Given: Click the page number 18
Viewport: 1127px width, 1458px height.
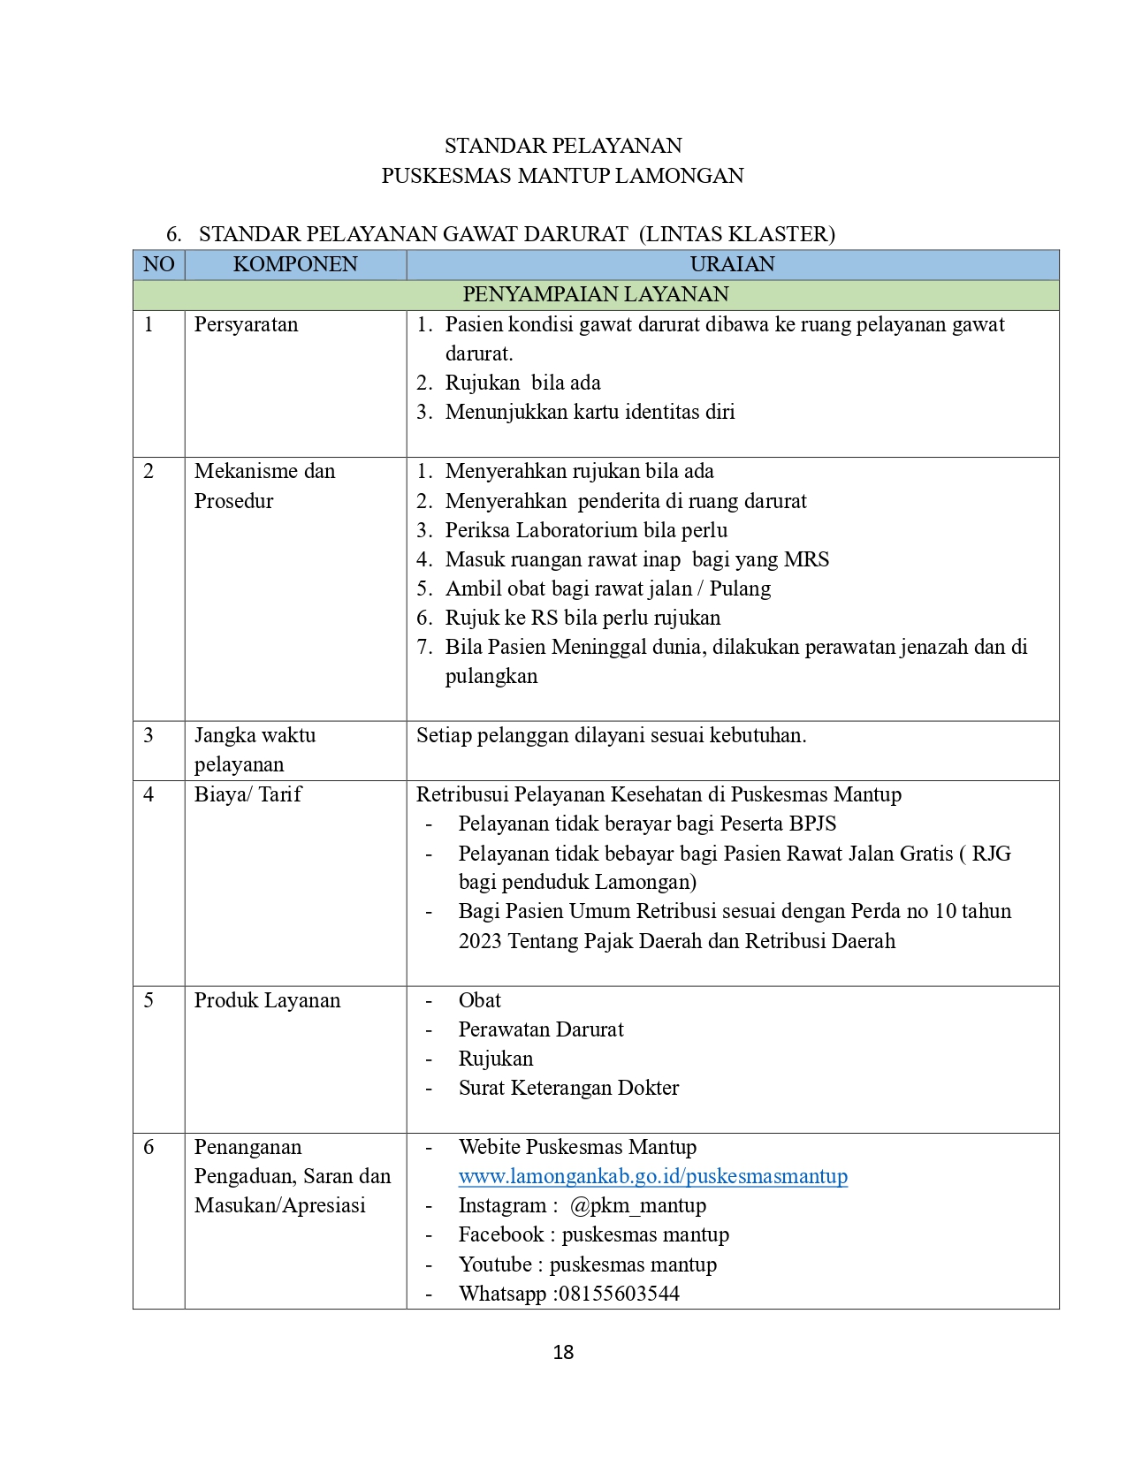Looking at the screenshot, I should tap(563, 1352).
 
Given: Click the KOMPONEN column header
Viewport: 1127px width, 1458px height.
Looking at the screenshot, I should tap(295, 264).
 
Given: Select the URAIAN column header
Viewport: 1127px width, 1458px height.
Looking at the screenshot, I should tap(732, 264).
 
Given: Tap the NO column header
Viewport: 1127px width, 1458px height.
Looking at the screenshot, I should tap(159, 264).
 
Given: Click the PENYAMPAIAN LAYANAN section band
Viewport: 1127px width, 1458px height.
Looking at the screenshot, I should tap(596, 294).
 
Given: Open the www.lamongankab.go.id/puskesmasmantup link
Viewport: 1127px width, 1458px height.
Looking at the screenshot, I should tap(652, 1176).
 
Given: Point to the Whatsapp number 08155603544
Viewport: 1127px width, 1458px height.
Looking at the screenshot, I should tap(619, 1294).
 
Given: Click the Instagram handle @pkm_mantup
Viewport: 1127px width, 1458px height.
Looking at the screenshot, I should tap(637, 1205).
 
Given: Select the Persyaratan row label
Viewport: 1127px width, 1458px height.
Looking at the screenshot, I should tap(246, 324).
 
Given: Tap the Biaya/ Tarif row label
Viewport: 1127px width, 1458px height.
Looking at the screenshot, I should tap(247, 794).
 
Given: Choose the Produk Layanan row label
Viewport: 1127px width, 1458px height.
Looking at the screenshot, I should tap(267, 1000).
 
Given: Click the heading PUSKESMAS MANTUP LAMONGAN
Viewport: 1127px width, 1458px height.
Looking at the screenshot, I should tap(562, 176).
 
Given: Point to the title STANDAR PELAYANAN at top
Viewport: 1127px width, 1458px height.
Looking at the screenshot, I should tap(563, 146).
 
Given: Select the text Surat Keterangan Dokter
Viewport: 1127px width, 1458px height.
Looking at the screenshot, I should tap(568, 1088).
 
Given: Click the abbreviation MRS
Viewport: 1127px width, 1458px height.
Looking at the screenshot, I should tap(806, 559).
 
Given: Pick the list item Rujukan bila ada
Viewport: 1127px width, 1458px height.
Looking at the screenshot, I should tap(522, 383).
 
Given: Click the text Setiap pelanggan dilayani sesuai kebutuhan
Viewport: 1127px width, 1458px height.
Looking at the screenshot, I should tap(611, 735).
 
